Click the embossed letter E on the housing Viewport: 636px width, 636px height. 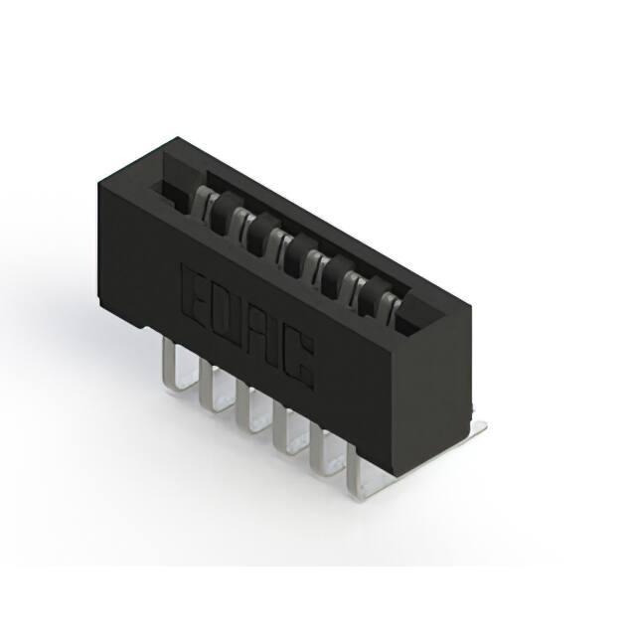(x=195, y=294)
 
